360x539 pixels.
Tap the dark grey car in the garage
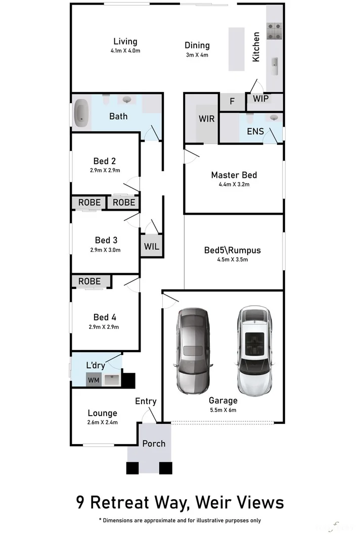tap(192, 351)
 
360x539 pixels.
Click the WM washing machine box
tap(94, 379)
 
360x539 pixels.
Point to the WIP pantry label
tap(261, 99)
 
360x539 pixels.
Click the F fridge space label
tap(232, 102)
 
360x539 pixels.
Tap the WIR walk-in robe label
tap(206, 119)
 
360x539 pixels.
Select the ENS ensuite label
tap(255, 131)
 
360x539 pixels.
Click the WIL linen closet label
tap(151, 247)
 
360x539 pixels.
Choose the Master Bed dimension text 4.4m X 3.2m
tap(234, 184)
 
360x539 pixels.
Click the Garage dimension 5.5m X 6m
tap(223, 410)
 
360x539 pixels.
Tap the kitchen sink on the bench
tap(275, 63)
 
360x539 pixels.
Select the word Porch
tap(154, 443)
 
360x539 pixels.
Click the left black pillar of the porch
tap(132, 468)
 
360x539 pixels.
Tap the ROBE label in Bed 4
tap(89, 281)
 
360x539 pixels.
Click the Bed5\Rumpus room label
tap(232, 250)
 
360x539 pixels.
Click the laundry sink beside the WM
tap(111, 379)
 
